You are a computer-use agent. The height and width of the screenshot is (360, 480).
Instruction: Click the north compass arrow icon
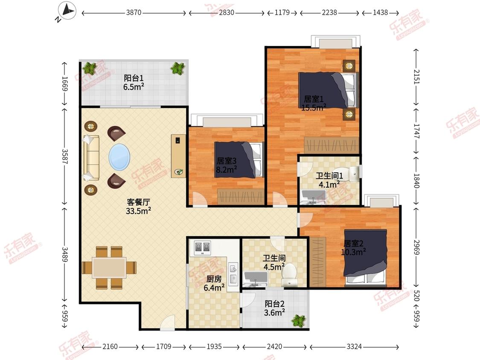tap(68, 11)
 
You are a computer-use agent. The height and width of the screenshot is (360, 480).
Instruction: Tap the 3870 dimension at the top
tap(134, 12)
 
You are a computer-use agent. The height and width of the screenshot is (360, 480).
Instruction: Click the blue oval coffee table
tap(119, 157)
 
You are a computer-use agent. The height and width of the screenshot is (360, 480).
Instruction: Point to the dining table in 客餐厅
tap(109, 267)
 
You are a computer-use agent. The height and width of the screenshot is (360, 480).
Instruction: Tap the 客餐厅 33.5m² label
tap(138, 206)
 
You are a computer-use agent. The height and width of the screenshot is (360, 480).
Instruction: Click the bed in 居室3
tap(239, 160)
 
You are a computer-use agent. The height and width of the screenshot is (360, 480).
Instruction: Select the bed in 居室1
tap(328, 90)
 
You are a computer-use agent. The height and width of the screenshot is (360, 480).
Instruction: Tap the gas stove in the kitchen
tap(202, 248)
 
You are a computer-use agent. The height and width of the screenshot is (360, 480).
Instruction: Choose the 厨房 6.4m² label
tap(214, 284)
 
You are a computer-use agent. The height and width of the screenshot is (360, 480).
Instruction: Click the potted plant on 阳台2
tap(299, 321)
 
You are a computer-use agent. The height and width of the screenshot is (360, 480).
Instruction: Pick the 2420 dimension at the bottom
tap(274, 346)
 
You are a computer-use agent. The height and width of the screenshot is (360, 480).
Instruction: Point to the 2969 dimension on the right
tap(416, 247)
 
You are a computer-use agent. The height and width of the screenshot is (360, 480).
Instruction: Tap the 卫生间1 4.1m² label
tap(329, 180)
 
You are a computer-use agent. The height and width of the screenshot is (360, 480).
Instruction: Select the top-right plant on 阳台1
tap(178, 68)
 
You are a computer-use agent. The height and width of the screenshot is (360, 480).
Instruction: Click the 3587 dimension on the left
tap(64, 157)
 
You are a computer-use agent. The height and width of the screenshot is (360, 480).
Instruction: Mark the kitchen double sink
tap(233, 273)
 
